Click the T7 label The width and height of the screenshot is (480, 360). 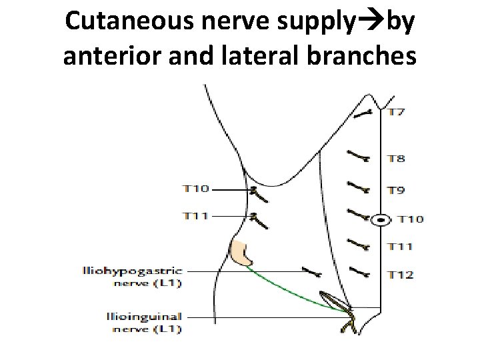pos(397,111)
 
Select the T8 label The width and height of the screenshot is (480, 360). pos(397,159)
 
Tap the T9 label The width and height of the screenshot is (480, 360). pos(397,190)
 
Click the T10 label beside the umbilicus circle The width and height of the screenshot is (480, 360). pos(410,219)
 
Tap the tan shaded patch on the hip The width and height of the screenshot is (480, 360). pos(241,253)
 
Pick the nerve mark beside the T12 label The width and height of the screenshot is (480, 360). pos(361,271)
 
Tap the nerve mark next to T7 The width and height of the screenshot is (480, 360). pos(364,114)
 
